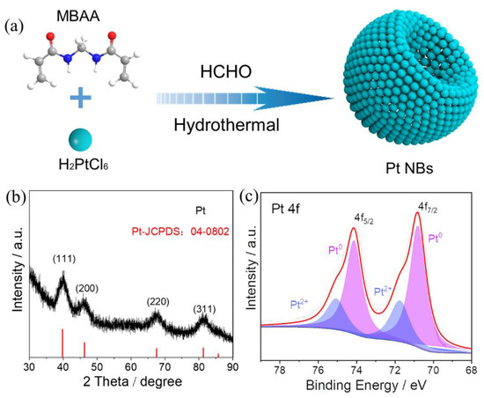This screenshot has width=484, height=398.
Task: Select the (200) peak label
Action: pos(90,288)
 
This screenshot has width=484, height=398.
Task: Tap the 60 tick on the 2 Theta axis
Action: pos(131,366)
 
